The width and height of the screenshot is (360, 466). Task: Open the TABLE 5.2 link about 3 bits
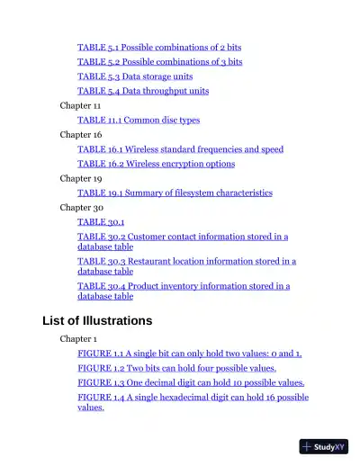click(159, 62)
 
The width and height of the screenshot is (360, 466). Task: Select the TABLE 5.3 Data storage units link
click(135, 76)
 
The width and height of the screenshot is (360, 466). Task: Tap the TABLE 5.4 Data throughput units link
click(143, 91)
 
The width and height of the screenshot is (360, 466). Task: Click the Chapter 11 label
click(80, 105)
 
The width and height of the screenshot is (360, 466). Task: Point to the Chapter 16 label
click(80, 135)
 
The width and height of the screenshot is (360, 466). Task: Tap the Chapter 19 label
click(80, 178)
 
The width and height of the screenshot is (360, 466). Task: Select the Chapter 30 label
click(80, 207)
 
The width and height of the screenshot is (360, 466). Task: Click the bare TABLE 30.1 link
click(101, 221)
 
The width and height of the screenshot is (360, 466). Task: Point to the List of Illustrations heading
click(97, 320)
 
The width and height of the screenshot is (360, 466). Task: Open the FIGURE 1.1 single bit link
click(189, 354)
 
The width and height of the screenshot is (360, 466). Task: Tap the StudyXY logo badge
click(323, 446)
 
